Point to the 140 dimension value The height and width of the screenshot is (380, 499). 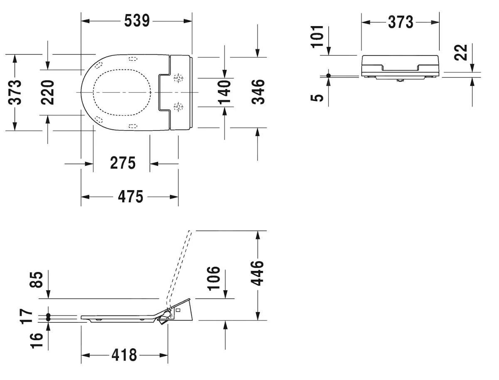tap(225, 92)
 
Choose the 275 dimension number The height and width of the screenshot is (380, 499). tap(123, 163)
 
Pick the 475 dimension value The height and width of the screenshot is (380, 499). tap(130, 196)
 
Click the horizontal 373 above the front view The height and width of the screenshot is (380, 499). tap(400, 22)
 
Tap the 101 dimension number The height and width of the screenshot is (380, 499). tap(318, 36)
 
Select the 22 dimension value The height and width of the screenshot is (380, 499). tap(461, 52)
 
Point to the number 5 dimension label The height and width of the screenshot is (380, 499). tap(318, 97)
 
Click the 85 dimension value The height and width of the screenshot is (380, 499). tap(38, 279)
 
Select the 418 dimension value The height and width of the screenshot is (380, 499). tap(124, 355)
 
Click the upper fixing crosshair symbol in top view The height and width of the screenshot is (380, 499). tap(178, 78)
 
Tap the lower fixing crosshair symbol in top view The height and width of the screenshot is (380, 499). tap(178, 107)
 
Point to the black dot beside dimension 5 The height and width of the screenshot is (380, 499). tap(329, 75)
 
